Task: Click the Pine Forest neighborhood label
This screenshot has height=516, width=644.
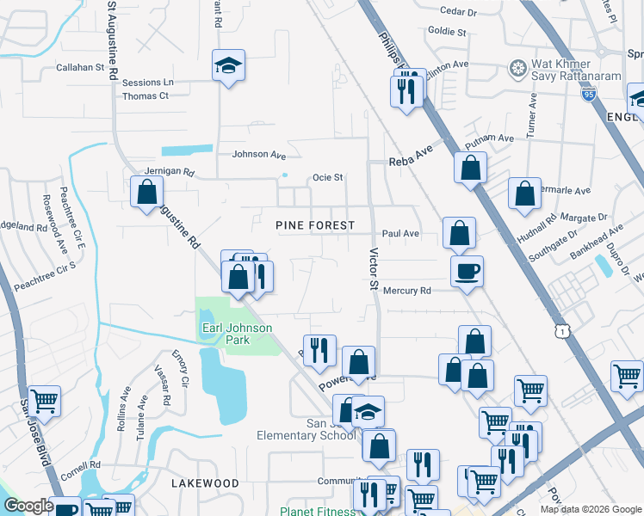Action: (314, 225)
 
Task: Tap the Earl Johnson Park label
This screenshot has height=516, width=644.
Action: (237, 334)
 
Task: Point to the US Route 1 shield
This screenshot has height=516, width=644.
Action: (561, 331)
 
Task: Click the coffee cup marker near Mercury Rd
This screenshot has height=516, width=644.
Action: (467, 272)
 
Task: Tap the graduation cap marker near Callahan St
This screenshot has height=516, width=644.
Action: (228, 66)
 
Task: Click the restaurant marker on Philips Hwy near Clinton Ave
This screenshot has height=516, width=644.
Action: (406, 89)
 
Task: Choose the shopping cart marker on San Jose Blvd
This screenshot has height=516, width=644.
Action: (44, 400)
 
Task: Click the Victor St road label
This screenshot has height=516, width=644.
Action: (374, 268)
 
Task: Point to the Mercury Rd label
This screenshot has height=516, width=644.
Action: (406, 291)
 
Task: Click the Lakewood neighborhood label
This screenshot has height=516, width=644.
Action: (205, 483)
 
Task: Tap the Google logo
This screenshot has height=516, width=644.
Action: (28, 506)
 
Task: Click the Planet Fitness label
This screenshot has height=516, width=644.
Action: (316, 511)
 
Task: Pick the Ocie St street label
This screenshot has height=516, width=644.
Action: (327, 178)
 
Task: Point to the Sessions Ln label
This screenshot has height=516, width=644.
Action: (147, 83)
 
